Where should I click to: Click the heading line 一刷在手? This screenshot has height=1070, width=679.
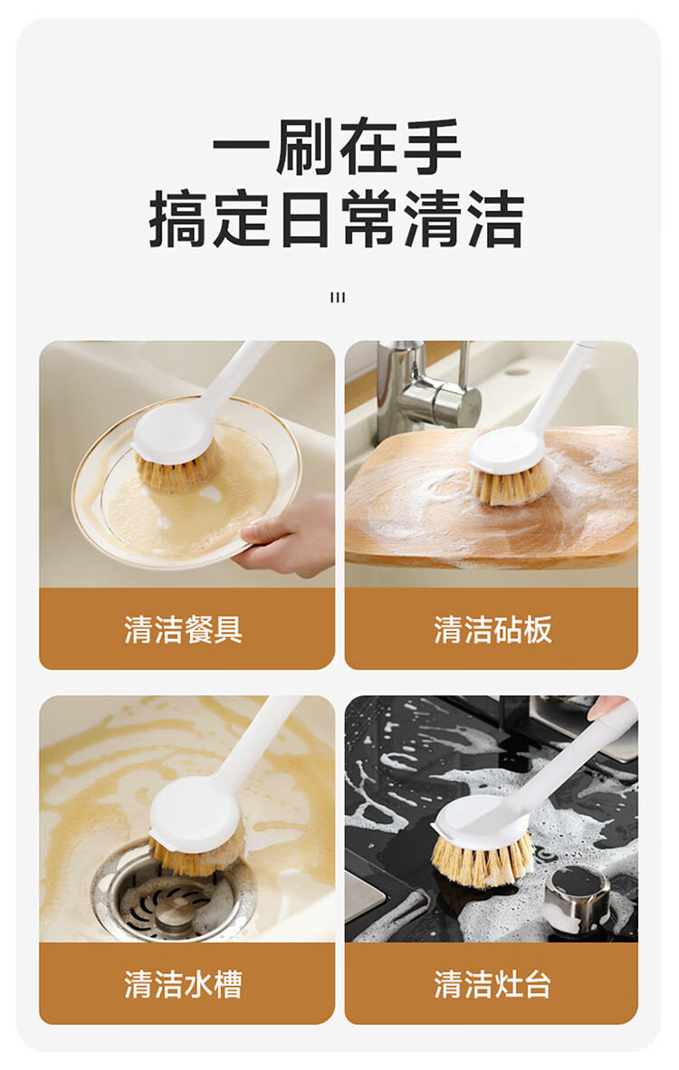pos(337,147)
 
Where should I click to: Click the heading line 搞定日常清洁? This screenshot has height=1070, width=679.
pos(337,218)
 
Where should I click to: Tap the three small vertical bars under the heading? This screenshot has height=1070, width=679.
pos(337,298)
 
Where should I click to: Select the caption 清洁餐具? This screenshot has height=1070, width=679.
pos(184,628)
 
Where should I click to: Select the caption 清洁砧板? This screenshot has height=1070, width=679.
pos(493,628)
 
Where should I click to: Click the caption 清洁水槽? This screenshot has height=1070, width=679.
pos(184,983)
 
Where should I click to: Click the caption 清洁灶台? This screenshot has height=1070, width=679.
pos(493,983)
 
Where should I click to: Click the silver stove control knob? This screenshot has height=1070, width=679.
pos(578,895)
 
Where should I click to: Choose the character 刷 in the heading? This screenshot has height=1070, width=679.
pos(305,147)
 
